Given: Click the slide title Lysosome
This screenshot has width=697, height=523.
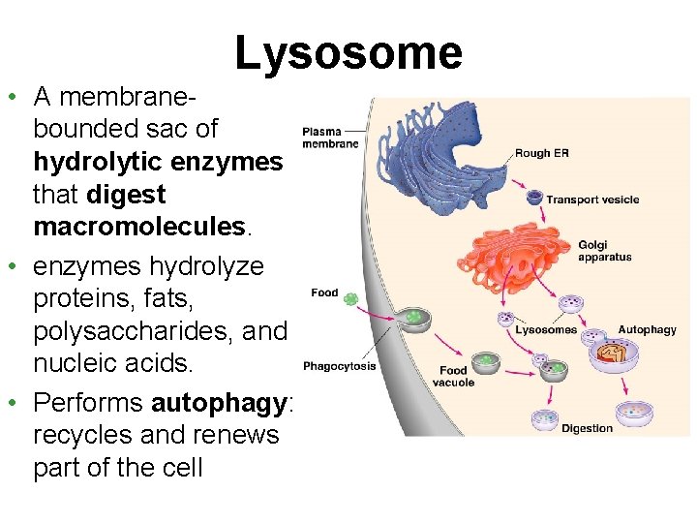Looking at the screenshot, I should point(348,53).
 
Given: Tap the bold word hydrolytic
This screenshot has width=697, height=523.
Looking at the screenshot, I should point(88,161).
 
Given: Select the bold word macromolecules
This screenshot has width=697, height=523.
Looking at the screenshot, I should point(138,227).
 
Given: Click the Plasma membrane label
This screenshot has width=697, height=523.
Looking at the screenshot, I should point(330,138).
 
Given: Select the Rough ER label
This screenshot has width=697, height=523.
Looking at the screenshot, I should point(542,153).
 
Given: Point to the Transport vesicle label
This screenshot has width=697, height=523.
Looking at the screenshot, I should point(592,200).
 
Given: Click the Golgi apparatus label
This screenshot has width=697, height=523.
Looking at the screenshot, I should point(605,250).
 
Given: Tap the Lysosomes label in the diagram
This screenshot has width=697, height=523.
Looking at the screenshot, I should point(546,330).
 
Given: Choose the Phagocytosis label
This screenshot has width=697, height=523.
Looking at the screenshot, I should point(339,366).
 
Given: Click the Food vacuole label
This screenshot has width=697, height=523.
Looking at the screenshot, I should point(453,376).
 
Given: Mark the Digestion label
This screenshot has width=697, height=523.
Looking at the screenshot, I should point(587,428).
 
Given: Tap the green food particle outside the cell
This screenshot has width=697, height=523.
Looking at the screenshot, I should point(351,299).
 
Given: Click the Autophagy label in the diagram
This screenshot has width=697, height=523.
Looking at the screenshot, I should point(647,330).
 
